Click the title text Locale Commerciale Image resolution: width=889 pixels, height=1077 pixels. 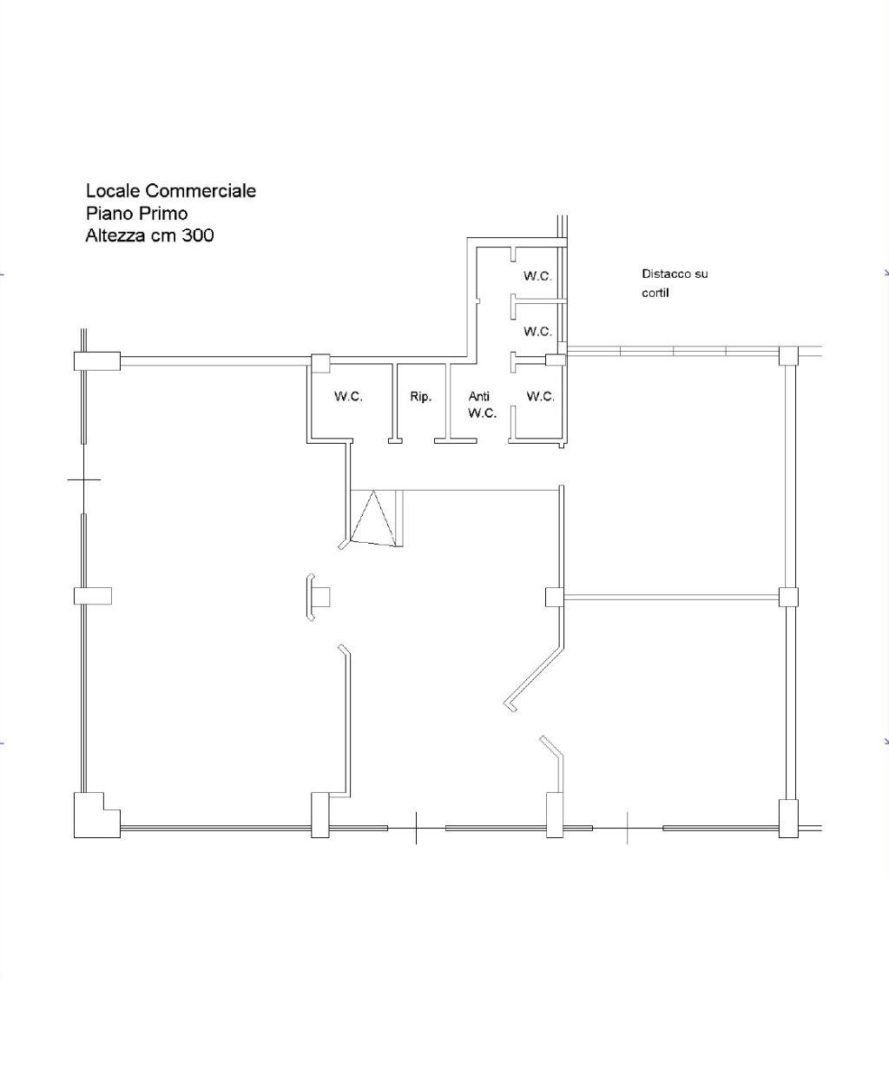pyautogui.click(x=171, y=191)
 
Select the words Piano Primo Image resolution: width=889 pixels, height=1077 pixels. pyautogui.click(x=136, y=213)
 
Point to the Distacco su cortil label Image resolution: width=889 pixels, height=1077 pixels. pyautogui.click(x=675, y=283)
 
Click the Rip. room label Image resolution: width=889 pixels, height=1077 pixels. pyautogui.click(x=421, y=397)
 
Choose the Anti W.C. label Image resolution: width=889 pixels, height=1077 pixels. pyautogui.click(x=482, y=405)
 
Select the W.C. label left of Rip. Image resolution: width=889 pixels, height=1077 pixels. pyautogui.click(x=349, y=397)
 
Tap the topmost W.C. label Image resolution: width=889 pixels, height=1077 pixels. pyautogui.click(x=538, y=276)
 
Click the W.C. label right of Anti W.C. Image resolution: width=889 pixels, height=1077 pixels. pyautogui.click(x=540, y=397)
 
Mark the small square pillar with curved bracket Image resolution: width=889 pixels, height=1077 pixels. pyautogui.click(x=318, y=597)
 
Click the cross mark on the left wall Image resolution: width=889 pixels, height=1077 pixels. pyautogui.click(x=84, y=479)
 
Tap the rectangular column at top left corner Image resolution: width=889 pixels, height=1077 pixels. pyautogui.click(x=97, y=361)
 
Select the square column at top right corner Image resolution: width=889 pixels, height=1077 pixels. pyautogui.click(x=788, y=355)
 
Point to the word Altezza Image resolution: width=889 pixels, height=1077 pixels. pyautogui.click(x=116, y=235)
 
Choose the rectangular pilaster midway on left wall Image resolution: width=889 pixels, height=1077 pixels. pyautogui.click(x=93, y=596)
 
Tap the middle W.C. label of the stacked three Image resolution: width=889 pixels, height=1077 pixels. pyautogui.click(x=538, y=331)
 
